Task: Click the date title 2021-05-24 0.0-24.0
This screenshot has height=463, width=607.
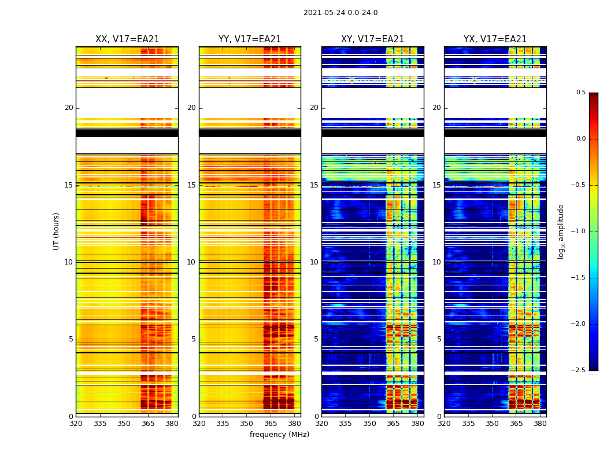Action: click(340, 13)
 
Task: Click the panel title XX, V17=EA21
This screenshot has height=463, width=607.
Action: click(127, 39)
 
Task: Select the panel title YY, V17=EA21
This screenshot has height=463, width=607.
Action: click(250, 39)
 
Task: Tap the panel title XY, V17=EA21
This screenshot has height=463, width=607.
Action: click(372, 39)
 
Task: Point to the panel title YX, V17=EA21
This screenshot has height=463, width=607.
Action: click(495, 39)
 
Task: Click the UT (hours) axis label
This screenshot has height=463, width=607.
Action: click(56, 231)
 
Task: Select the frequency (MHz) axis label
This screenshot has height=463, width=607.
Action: click(279, 435)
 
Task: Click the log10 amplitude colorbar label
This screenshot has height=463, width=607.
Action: click(561, 231)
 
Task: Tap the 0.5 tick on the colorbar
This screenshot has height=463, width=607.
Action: click(580, 93)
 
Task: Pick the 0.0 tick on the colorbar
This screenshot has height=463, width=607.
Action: click(580, 139)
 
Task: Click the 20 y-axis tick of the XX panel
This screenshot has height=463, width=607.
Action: click(69, 108)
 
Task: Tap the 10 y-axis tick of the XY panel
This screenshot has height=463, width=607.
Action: click(314, 262)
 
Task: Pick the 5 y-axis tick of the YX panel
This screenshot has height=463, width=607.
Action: click(439, 339)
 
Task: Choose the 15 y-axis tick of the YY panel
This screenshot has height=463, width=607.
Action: click(191, 185)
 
